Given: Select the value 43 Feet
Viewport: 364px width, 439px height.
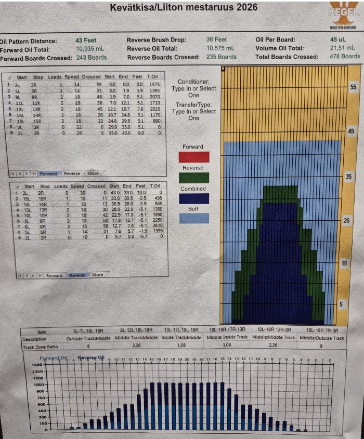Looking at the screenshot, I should click(x=86, y=40).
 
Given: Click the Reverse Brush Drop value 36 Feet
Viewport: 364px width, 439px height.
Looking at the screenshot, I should click(x=216, y=39).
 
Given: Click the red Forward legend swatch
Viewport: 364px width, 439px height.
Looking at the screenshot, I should click(x=193, y=157).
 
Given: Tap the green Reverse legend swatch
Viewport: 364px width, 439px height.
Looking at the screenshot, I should click(x=193, y=178).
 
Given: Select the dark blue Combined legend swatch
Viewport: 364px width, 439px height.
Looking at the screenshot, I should click(x=193, y=198).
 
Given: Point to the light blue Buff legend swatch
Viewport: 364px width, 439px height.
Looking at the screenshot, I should click(x=193, y=218).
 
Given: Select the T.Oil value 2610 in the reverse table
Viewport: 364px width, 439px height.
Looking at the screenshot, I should click(x=155, y=226).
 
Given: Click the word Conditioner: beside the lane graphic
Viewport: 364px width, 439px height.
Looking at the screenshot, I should click(x=193, y=82).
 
